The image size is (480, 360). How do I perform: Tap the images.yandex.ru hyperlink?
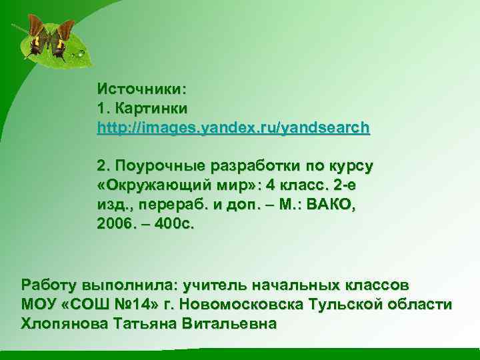(233, 127)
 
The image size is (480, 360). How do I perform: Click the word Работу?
(49, 285)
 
